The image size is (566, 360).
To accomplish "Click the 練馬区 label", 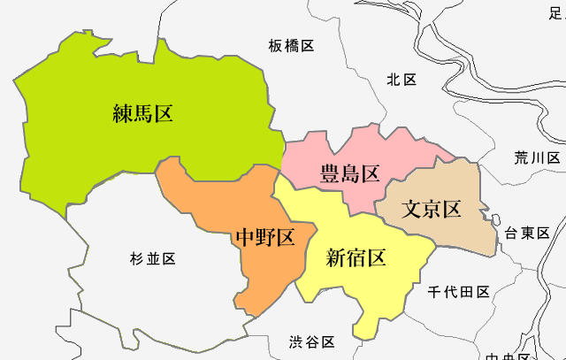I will coord(142,113).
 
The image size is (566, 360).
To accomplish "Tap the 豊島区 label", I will coord(349,172).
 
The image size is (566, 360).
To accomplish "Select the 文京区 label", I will coord(432,210).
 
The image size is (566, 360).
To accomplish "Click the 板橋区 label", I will coord(291,45).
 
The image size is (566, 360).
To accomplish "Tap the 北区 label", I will coord(401,80).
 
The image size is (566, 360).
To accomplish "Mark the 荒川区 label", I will coord(538,158).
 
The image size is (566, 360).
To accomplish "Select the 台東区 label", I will coord(527,234).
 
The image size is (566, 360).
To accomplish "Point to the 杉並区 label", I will coord(152,258).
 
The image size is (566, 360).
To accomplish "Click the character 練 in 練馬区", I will coord(122,113).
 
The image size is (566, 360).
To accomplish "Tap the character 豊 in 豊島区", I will coord(329,172).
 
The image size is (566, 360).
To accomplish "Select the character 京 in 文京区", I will coord(432,210).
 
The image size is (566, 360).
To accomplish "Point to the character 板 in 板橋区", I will coord(276,45).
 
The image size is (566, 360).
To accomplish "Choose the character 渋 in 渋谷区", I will coord(297,341).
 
